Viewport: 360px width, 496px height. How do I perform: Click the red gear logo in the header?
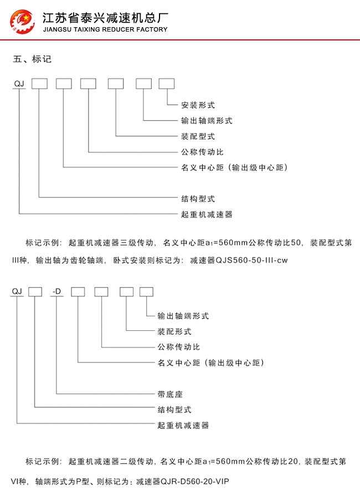(x=22, y=22)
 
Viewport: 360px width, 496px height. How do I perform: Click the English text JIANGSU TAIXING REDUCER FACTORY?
(x=105, y=29)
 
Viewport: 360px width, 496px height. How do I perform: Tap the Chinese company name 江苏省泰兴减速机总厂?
(x=105, y=18)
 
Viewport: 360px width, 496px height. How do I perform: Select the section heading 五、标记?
(x=32, y=59)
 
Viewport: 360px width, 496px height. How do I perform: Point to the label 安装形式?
(x=198, y=105)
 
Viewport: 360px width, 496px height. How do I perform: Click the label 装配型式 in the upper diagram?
(x=198, y=136)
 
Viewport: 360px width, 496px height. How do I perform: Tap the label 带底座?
(x=170, y=394)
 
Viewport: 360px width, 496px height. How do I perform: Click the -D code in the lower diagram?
(x=56, y=292)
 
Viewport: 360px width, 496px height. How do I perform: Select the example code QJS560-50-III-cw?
(x=251, y=260)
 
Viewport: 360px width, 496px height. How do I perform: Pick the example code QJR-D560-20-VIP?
(x=195, y=482)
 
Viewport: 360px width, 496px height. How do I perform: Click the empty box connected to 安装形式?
(x=167, y=84)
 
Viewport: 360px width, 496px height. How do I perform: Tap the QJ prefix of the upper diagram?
(x=19, y=84)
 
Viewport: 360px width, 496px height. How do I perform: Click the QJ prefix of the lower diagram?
(x=17, y=292)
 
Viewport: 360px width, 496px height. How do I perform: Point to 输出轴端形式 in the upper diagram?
(x=207, y=120)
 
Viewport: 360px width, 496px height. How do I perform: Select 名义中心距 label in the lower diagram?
(x=179, y=362)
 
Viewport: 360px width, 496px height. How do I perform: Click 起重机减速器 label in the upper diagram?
(x=207, y=214)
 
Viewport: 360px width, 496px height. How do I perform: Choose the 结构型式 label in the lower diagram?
(x=174, y=410)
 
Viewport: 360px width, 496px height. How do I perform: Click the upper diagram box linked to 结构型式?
(x=39, y=84)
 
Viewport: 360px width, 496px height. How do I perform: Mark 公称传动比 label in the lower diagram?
(x=179, y=347)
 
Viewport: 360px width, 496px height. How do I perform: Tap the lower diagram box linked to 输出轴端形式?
(x=146, y=292)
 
